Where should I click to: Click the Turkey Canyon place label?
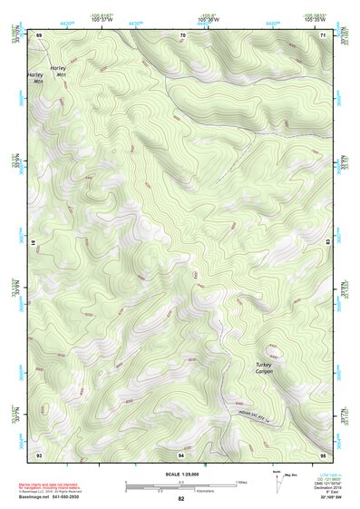click(x=263, y=367)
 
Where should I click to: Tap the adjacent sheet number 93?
click(x=39, y=454)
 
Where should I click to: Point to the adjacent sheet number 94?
click(x=181, y=454)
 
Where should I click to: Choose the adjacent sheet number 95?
click(x=324, y=454)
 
